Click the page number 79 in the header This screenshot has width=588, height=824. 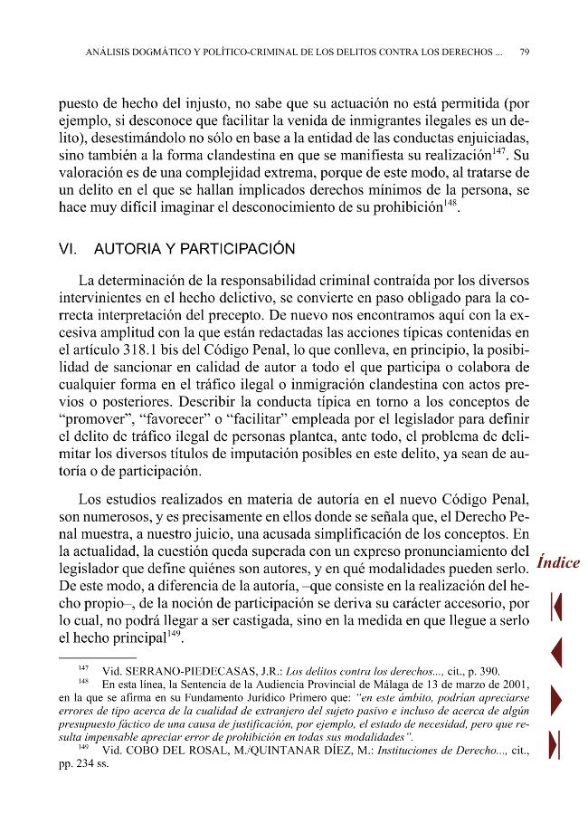[525, 52]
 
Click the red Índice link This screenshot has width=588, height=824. [557, 562]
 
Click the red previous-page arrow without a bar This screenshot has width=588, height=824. [557, 652]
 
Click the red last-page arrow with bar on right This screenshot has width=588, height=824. [557, 742]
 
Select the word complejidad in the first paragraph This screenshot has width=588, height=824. [237, 171]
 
